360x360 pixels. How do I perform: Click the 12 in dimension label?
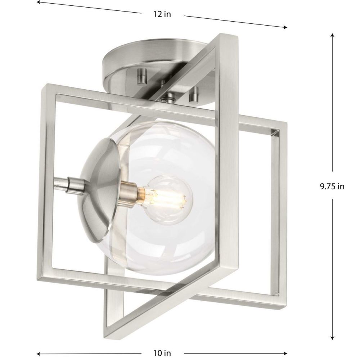pyautogui.click(x=162, y=14)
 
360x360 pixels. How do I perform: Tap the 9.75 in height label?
pyautogui.click(x=332, y=186)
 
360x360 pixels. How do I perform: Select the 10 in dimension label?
pyautogui.click(x=162, y=353)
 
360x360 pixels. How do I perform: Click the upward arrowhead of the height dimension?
pyautogui.click(x=332, y=36)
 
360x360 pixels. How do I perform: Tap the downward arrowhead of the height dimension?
pyautogui.click(x=332, y=338)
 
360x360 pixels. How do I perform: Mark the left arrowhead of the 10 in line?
pyautogui.click(x=39, y=354)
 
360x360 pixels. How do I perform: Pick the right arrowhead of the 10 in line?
pyautogui.click(x=285, y=354)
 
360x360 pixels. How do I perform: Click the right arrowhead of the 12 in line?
pyautogui.click(x=285, y=27)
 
